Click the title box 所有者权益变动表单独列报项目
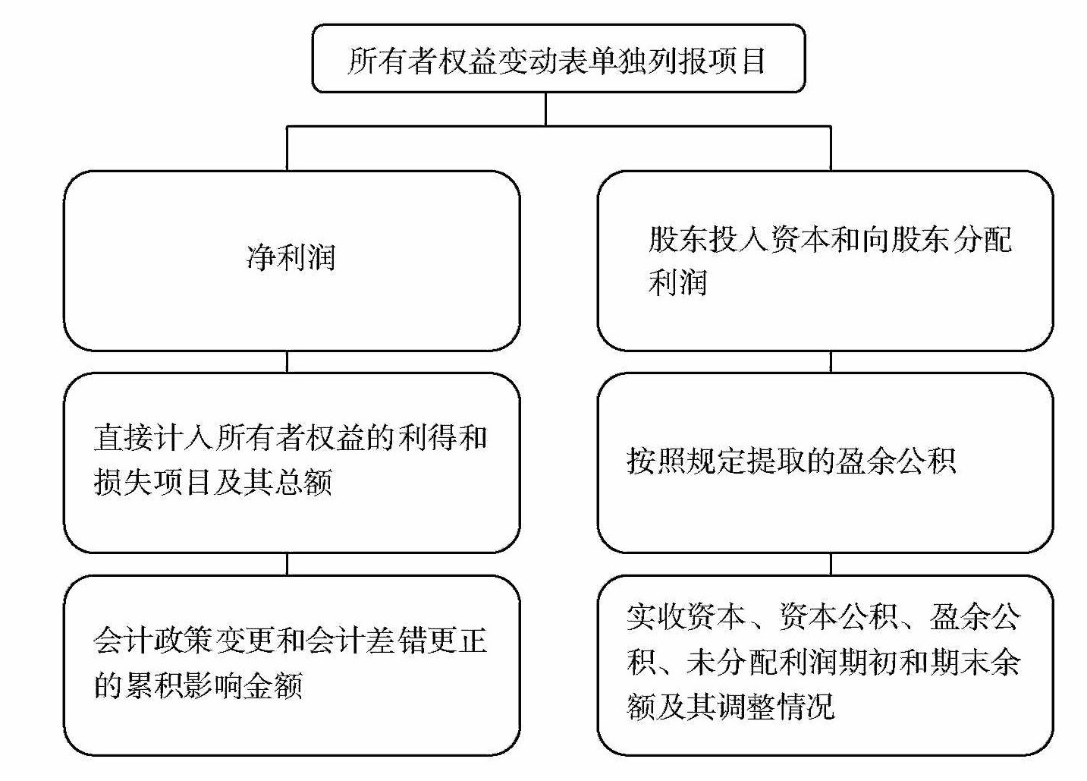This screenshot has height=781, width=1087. (x=558, y=58)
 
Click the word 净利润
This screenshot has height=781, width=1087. (x=291, y=257)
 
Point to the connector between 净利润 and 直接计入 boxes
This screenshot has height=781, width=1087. (x=287, y=362)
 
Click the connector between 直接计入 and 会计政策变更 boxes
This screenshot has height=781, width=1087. (x=287, y=564)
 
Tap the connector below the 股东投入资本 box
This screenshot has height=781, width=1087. (x=831, y=362)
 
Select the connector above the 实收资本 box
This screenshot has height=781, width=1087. (x=831, y=564)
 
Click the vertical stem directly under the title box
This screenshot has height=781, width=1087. (x=545, y=109)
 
